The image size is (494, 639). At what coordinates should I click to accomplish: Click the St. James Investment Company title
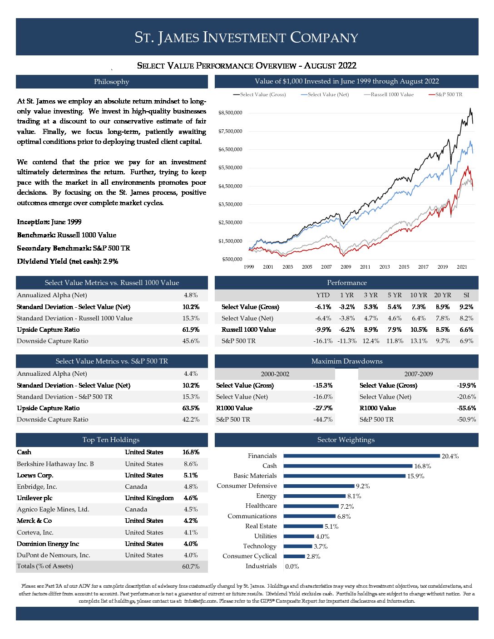(247, 37)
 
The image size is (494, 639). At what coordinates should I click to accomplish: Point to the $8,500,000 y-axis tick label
(230, 113)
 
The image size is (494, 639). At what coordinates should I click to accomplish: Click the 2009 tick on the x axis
(346, 267)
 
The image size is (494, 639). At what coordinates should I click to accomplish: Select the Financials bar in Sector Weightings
(361, 456)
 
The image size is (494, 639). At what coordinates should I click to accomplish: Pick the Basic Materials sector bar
(344, 476)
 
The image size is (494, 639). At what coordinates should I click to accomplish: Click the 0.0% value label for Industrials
(292, 566)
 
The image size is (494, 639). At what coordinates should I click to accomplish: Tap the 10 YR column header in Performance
(418, 295)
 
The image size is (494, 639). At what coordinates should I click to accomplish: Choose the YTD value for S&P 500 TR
(322, 341)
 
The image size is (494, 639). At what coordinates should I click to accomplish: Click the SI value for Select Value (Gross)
(466, 307)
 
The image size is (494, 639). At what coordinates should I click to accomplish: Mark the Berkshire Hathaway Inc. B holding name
(55, 464)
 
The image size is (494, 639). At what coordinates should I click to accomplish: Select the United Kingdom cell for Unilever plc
(149, 498)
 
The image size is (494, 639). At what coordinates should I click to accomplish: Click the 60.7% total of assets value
(191, 566)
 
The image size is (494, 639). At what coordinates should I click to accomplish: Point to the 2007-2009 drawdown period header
(418, 374)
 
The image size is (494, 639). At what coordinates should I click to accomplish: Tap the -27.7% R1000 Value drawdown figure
(322, 408)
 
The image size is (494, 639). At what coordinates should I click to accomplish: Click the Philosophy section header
(111, 82)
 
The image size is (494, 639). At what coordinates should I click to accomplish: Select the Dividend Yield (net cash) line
(67, 261)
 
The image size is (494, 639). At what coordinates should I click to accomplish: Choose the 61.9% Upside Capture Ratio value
(191, 329)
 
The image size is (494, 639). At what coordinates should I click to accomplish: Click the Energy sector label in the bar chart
(266, 496)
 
